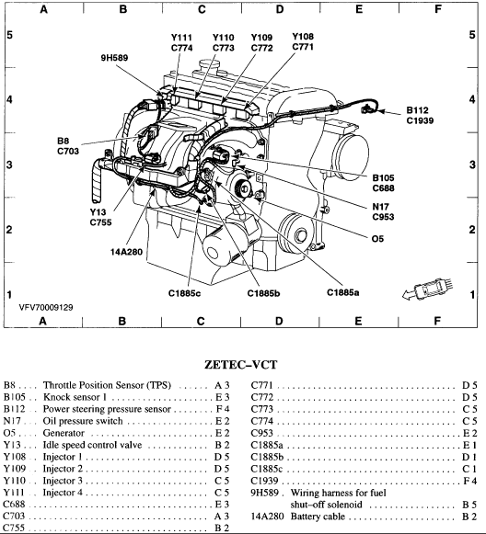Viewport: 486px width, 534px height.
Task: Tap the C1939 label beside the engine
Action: pyautogui.click(x=424, y=120)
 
